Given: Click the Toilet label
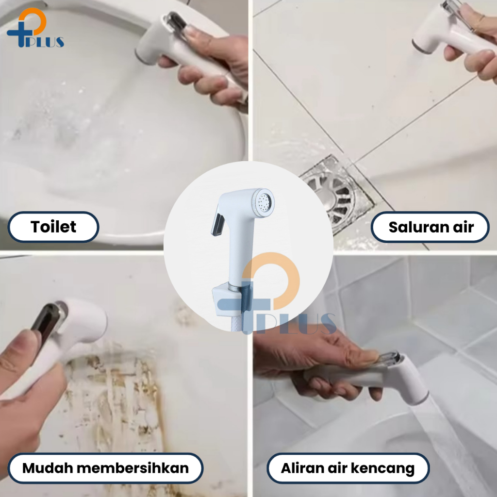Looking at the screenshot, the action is [53, 227].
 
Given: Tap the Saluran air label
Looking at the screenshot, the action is [430, 227].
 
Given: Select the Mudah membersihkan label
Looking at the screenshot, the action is [105, 468].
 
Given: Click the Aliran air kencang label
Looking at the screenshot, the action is [348, 468].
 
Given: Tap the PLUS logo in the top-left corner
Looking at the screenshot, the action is [35, 28].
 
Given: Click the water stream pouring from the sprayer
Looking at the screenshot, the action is [450, 444].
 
